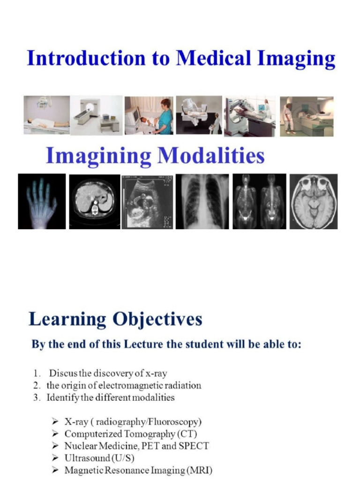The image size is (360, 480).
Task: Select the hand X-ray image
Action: coord(42,201)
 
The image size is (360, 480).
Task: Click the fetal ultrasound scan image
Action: coord(146,202)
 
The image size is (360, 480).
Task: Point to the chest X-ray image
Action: coord(202,202)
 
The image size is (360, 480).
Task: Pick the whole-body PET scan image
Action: coord(259,202)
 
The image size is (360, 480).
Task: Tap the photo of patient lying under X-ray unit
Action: coord(47,115)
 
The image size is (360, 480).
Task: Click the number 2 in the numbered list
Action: coord(36,386)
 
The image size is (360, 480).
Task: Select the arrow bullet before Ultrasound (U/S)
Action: coord(56,457)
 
